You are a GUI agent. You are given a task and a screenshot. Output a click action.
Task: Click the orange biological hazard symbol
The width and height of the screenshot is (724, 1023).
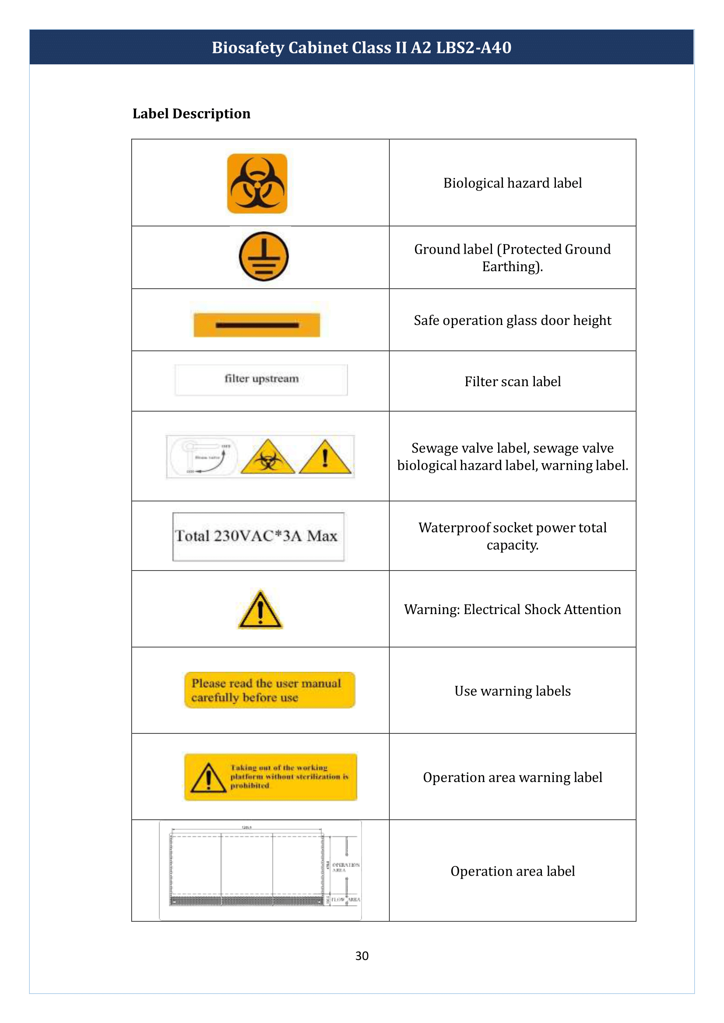tap(257, 183)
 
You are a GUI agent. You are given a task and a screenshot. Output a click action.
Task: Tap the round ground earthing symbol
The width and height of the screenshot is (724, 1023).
tap(264, 256)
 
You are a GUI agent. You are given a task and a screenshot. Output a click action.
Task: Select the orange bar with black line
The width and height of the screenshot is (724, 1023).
tap(257, 325)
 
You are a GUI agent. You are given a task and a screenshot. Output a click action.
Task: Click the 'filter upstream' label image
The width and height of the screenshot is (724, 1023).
tap(261, 379)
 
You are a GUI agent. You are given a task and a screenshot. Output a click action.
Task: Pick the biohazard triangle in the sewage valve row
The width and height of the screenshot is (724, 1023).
tap(268, 457)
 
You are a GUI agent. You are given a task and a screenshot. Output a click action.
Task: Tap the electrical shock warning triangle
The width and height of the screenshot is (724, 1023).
tap(260, 610)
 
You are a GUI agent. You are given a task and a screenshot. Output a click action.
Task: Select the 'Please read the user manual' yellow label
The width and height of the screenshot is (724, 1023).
tap(270, 690)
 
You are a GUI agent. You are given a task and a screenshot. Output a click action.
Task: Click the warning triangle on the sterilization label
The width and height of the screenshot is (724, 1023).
tap(208, 778)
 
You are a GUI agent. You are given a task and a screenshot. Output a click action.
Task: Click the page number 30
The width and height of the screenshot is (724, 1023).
tap(362, 956)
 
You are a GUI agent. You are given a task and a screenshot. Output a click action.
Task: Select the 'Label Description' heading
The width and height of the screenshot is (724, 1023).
tap(191, 114)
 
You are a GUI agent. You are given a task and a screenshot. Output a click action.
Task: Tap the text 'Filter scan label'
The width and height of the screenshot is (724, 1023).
tap(512, 381)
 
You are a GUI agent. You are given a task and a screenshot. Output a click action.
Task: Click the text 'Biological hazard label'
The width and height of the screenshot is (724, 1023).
tap(512, 183)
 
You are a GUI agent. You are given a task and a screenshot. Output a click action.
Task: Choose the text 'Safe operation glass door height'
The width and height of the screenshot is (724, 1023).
tap(512, 320)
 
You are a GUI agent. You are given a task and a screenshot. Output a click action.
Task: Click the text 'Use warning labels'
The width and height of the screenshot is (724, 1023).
tap(512, 691)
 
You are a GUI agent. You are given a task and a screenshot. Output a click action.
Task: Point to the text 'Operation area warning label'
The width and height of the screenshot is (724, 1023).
tap(512, 777)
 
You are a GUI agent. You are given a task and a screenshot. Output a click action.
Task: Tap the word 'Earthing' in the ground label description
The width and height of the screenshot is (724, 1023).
tap(510, 266)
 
